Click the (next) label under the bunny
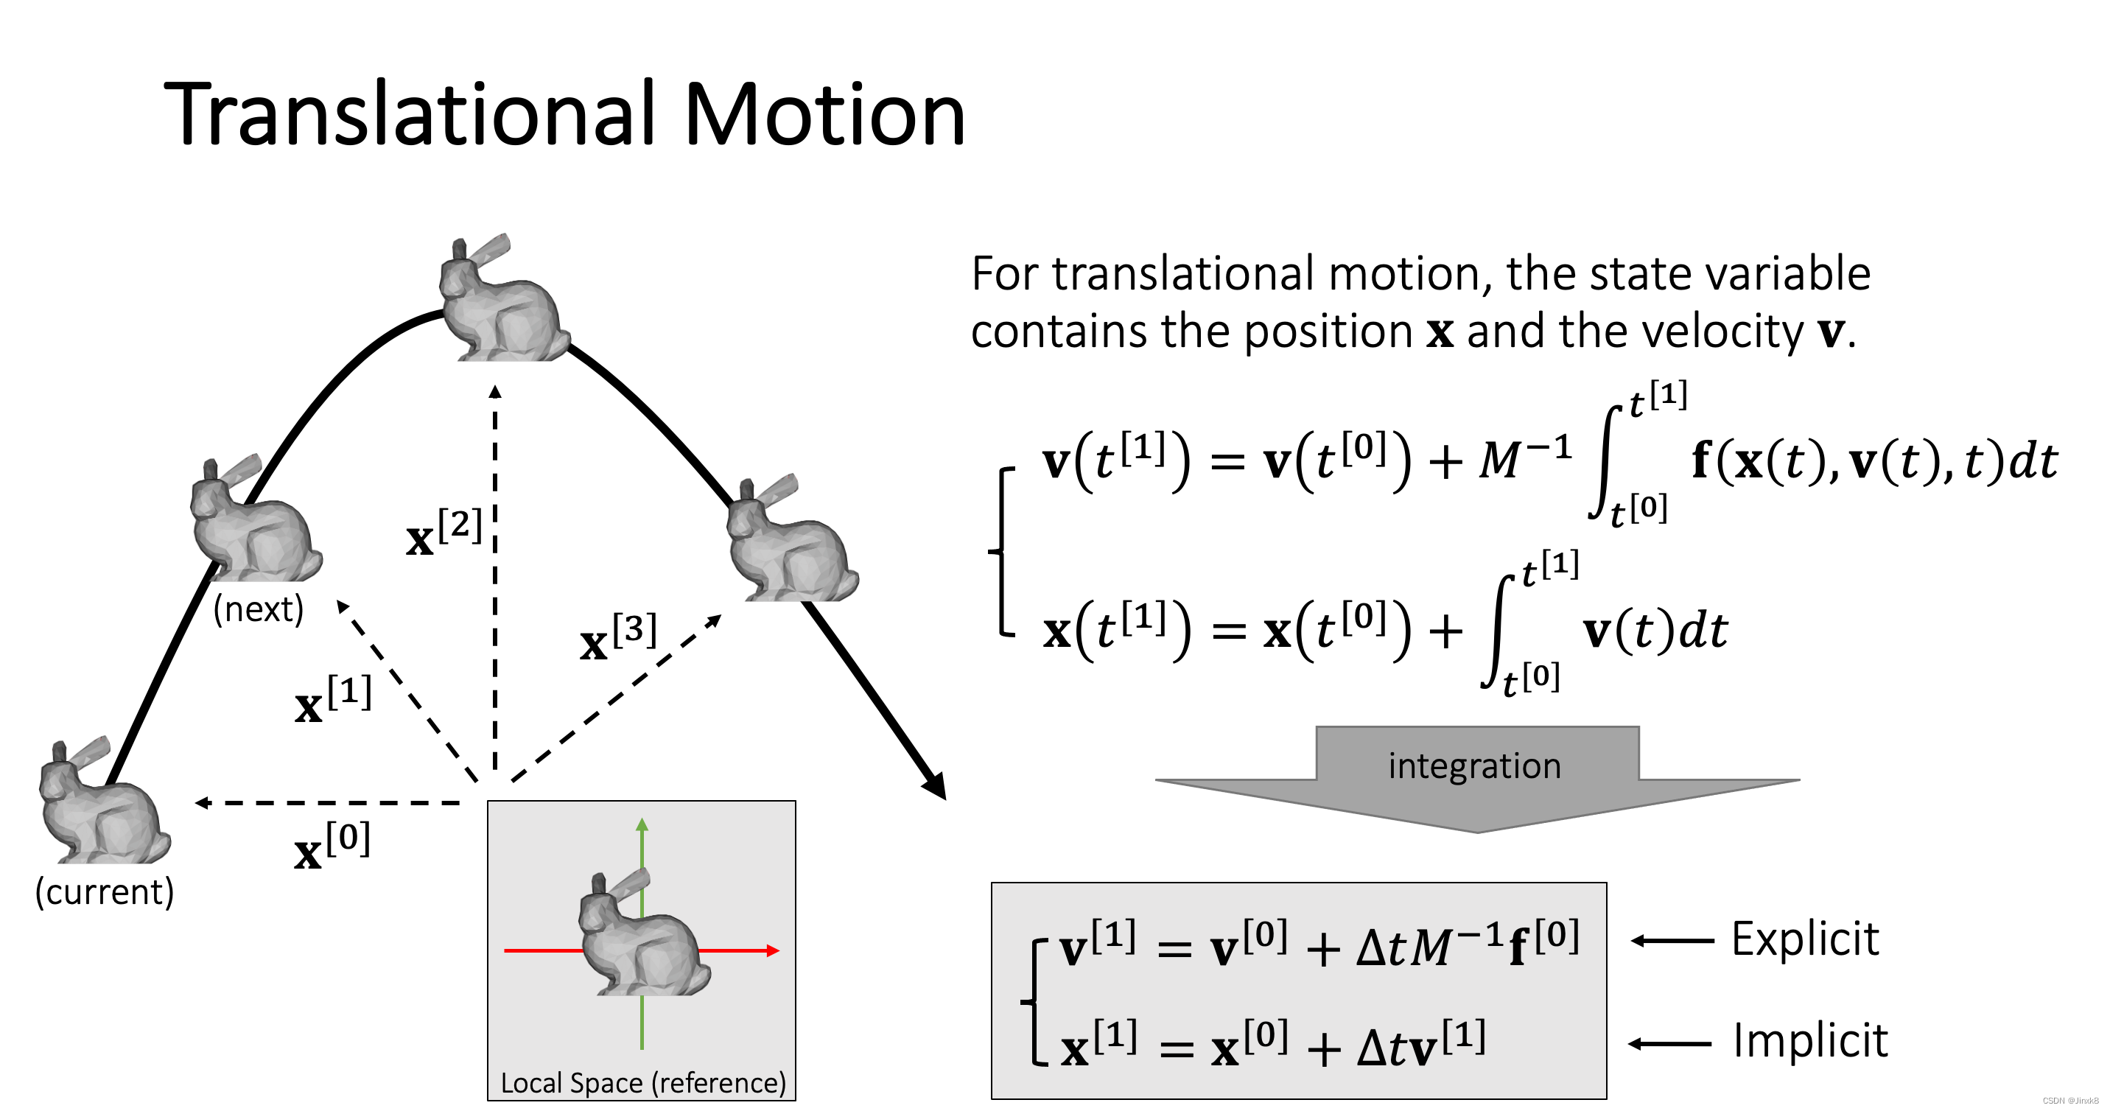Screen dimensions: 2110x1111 tap(258, 609)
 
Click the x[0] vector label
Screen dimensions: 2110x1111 tap(332, 846)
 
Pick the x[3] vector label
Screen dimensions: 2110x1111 tap(617, 637)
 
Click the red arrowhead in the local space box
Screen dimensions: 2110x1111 tap(771, 950)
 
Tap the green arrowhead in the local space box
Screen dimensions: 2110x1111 tap(642, 825)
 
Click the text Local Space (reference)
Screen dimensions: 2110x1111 tap(643, 1083)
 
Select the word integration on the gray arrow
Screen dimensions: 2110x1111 tap(1474, 766)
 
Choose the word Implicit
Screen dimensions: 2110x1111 tap(1810, 1040)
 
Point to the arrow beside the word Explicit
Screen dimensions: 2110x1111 tap(1671, 941)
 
